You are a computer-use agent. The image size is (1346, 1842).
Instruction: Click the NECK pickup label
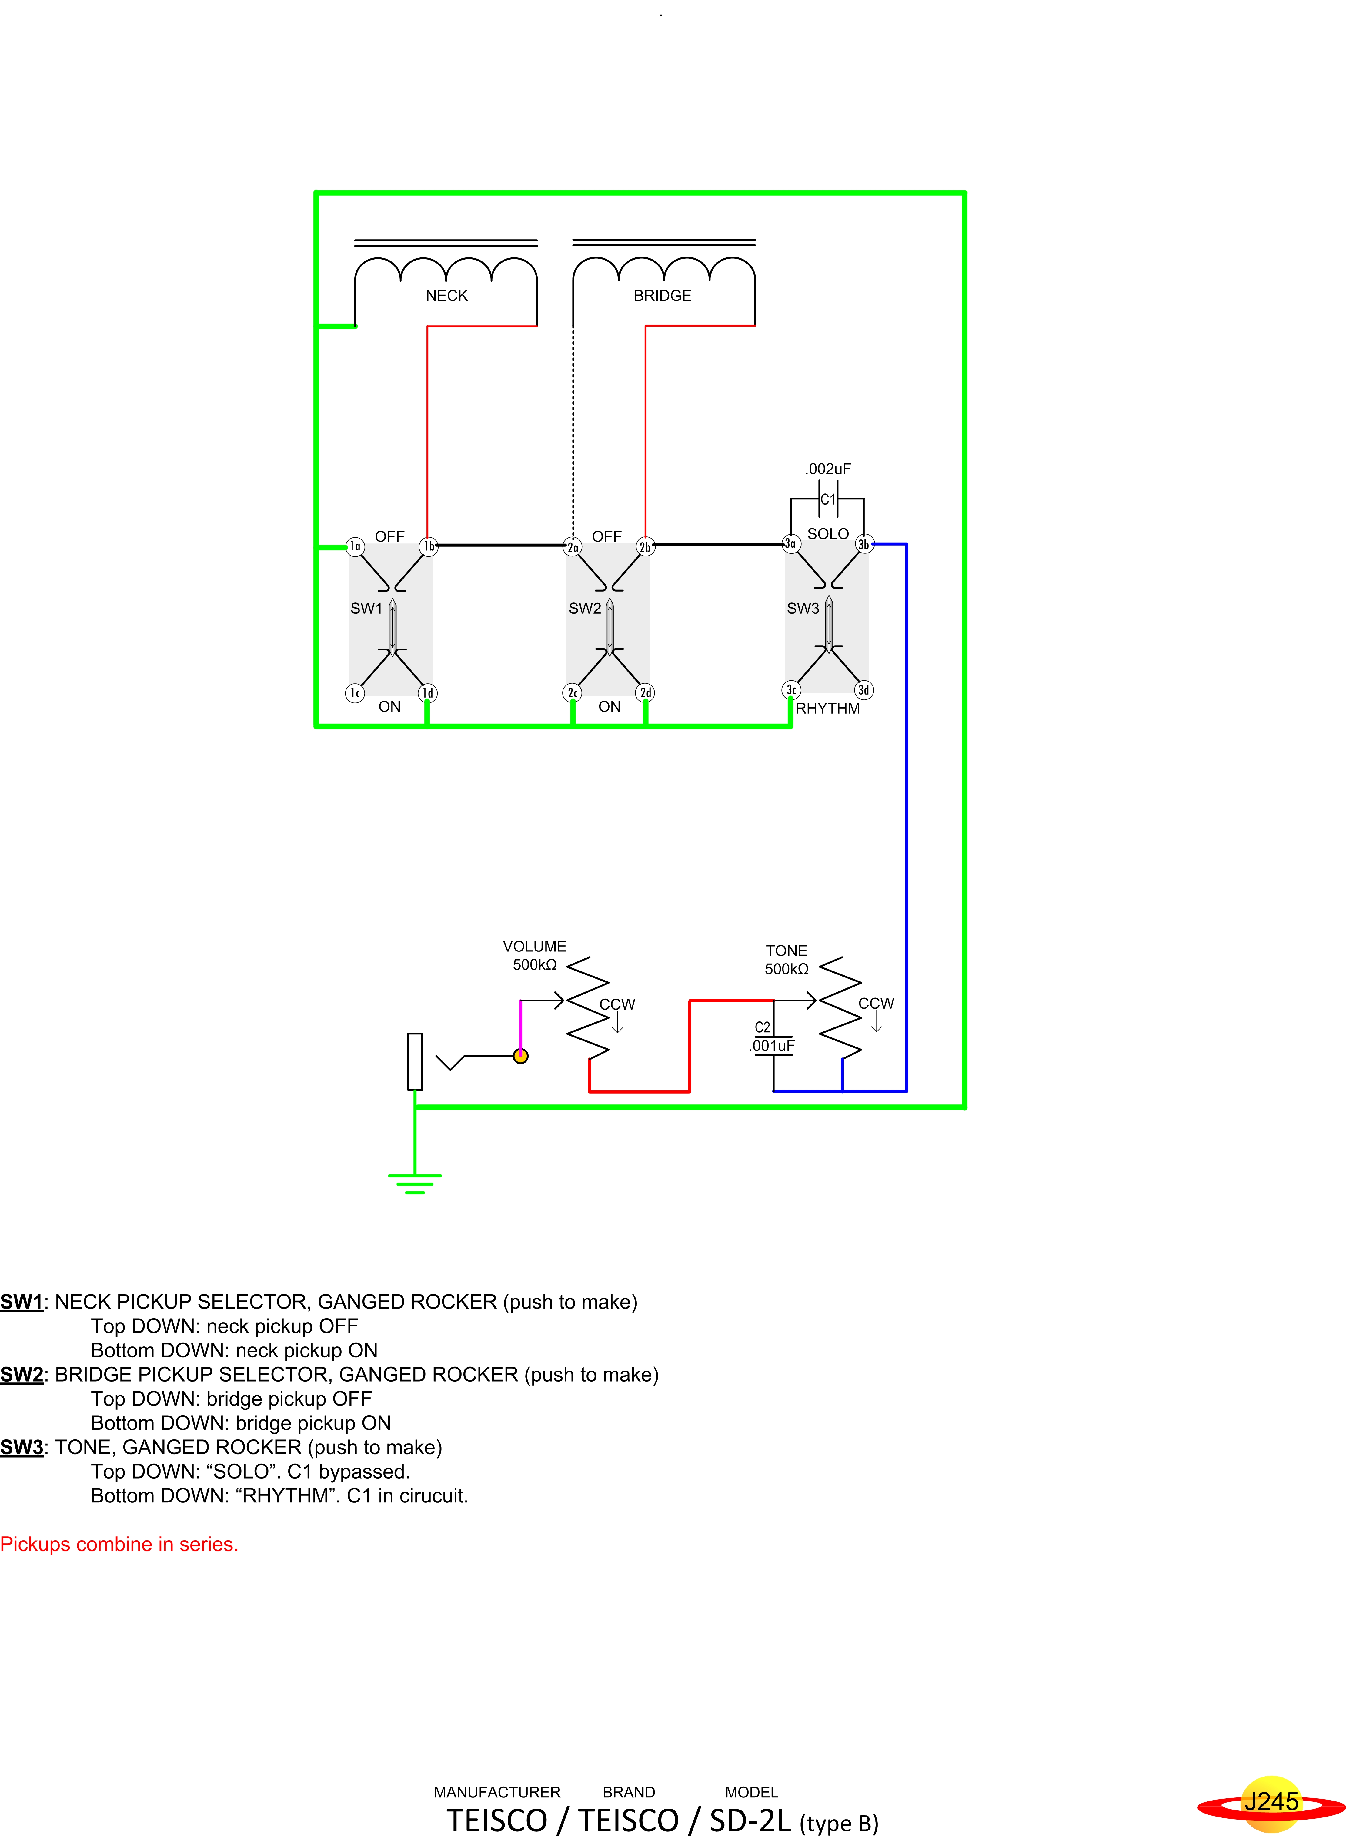pyautogui.click(x=446, y=296)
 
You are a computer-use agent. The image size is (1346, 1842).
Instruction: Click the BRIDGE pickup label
pyautogui.click(x=663, y=296)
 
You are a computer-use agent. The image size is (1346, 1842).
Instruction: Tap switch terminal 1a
pyautogui.click(x=354, y=546)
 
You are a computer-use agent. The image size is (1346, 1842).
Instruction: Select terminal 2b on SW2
pyautogui.click(x=645, y=546)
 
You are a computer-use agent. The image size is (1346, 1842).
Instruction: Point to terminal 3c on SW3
pyautogui.click(x=790, y=690)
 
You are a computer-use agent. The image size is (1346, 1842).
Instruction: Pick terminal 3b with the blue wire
pyautogui.click(x=864, y=544)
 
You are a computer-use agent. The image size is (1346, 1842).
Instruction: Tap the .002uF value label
pyautogui.click(x=828, y=469)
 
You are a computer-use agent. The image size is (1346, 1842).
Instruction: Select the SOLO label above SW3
pyautogui.click(x=828, y=533)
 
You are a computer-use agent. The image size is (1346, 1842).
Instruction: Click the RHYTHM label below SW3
pyautogui.click(x=828, y=709)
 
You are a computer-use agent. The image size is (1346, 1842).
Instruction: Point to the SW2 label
pyautogui.click(x=585, y=608)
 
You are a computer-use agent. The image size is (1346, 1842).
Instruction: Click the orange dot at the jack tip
pyautogui.click(x=521, y=1056)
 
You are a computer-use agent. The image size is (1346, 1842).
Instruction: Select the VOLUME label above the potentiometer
pyautogui.click(x=534, y=946)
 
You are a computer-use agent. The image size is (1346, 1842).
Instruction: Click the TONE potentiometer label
pyautogui.click(x=786, y=950)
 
